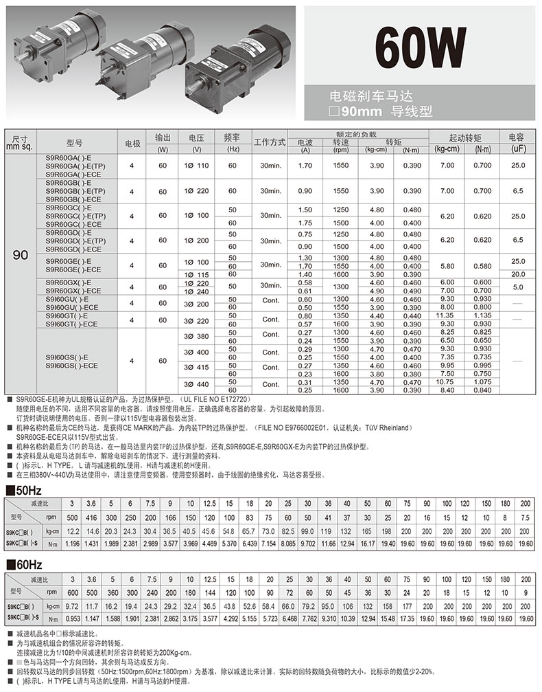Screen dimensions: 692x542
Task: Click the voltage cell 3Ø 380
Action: coord(197,337)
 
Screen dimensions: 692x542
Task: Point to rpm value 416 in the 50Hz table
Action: coord(93,517)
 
